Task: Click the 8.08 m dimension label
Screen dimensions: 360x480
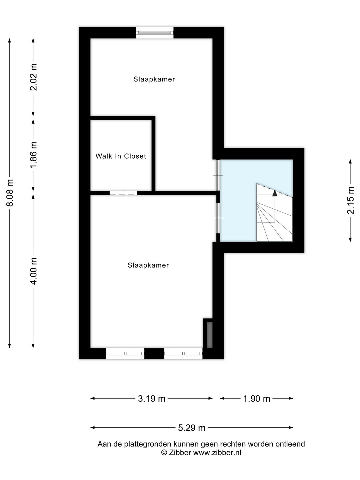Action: coord(10,193)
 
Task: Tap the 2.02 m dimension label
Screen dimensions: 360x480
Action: coord(34,77)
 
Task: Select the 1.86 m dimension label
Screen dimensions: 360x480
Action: coord(34,155)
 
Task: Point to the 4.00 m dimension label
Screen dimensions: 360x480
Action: coord(34,271)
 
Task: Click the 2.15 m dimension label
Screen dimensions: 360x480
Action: coord(351,200)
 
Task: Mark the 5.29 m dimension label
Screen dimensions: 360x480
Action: coord(192,428)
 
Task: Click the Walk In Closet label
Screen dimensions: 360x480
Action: coord(121,156)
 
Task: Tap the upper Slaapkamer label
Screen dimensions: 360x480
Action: coord(154,79)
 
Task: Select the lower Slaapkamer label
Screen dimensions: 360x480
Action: coord(148,265)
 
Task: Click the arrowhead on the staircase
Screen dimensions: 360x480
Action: coord(275,193)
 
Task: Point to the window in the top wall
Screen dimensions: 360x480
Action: coord(155,33)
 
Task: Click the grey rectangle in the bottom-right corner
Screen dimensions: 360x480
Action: coord(210,335)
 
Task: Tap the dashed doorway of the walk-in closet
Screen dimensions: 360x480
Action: coord(123,193)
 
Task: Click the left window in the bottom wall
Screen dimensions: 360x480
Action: coord(125,353)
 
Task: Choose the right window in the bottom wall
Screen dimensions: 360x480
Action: coord(183,353)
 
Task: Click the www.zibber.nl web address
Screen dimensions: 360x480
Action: coord(217,453)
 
